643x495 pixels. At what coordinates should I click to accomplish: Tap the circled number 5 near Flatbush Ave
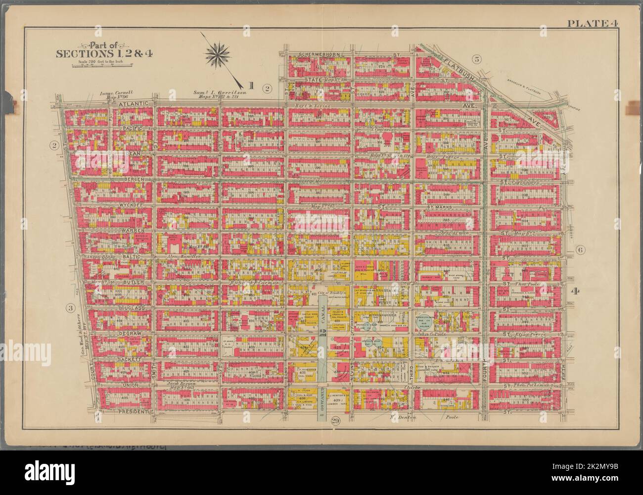[x=477, y=59]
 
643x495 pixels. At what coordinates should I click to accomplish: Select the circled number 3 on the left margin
[x=71, y=308]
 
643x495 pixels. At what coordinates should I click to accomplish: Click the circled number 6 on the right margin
[x=580, y=250]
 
